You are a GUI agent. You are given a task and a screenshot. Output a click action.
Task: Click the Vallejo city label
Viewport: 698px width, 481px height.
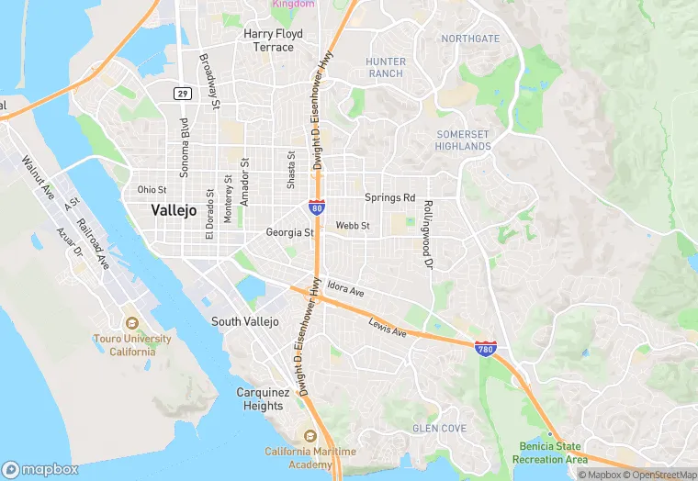[x=174, y=210]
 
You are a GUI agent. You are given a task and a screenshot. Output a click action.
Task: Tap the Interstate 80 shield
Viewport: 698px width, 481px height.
[x=316, y=208]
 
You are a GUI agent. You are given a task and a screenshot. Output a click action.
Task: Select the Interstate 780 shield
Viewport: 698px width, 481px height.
[x=487, y=349]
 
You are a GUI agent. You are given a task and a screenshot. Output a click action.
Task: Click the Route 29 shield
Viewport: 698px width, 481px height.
[x=183, y=93]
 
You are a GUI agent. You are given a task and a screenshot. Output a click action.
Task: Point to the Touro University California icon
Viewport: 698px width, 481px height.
[x=132, y=323]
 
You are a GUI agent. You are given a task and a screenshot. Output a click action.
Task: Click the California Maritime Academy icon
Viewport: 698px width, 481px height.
[x=310, y=435]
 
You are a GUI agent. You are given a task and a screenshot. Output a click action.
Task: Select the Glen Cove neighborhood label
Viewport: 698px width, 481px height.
[x=439, y=429]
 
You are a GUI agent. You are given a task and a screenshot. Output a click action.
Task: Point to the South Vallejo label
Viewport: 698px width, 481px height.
[x=244, y=321]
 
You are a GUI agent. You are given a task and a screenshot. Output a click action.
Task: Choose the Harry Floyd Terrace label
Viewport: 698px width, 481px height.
[x=269, y=40]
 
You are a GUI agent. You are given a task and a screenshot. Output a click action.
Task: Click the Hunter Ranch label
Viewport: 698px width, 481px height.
[x=385, y=67]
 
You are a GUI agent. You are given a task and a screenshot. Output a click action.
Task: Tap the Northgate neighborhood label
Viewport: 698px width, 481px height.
[x=470, y=39]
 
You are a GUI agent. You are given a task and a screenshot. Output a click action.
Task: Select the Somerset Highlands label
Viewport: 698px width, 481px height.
[x=464, y=140]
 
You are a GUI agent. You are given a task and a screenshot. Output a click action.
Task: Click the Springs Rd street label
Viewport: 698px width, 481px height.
[x=389, y=197]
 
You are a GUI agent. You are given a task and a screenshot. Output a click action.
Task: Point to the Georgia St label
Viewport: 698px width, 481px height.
[x=289, y=233]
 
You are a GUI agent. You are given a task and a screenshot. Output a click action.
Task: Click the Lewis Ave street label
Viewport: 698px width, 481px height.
[x=387, y=326]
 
